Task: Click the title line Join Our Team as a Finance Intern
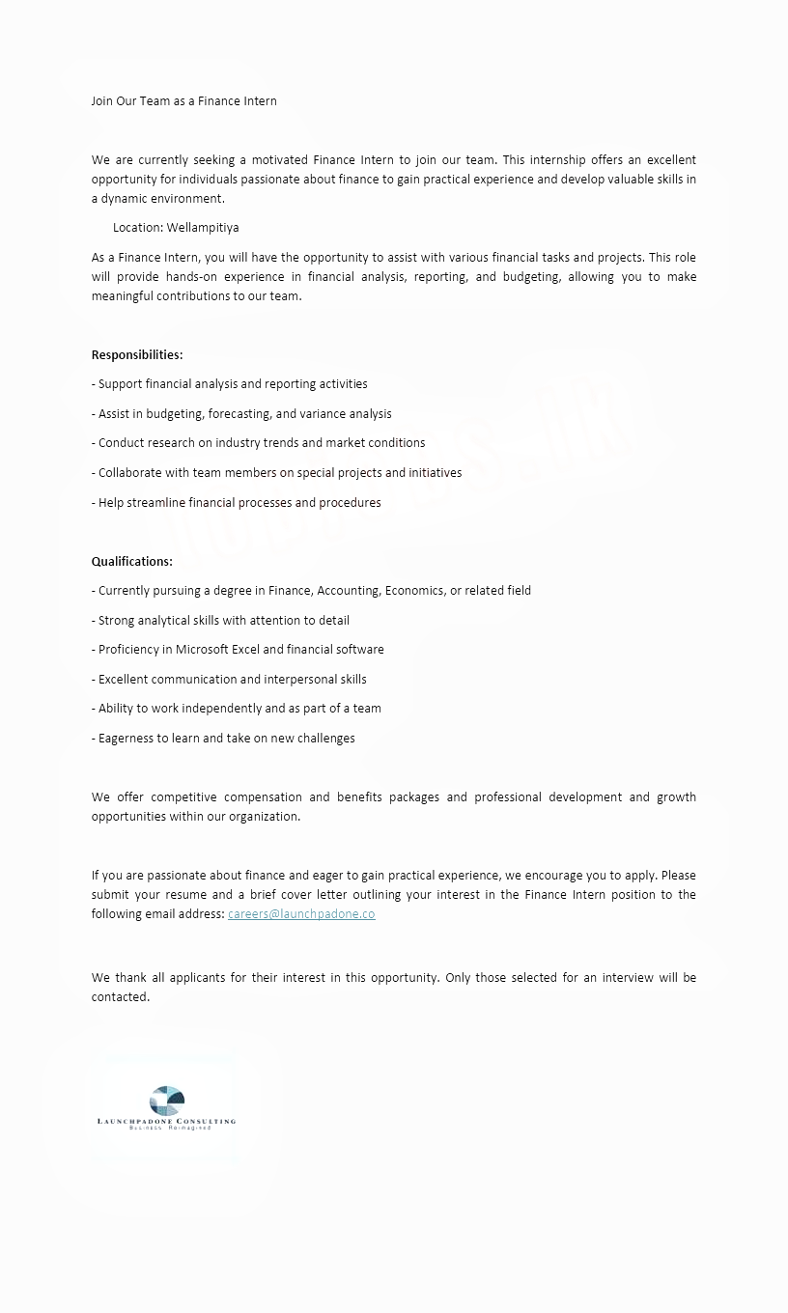(183, 100)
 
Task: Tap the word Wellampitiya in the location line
(203, 228)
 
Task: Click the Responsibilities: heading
(137, 354)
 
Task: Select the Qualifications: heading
(132, 561)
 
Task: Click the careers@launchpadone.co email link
(301, 914)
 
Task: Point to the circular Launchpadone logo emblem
(167, 1101)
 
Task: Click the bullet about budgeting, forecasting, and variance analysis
(241, 413)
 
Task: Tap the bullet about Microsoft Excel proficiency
(238, 649)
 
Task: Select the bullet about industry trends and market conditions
(258, 442)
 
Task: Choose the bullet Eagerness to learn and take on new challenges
(223, 738)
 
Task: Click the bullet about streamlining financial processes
(237, 502)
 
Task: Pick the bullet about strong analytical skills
(220, 620)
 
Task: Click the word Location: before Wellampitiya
(138, 228)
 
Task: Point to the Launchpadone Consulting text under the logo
(167, 1121)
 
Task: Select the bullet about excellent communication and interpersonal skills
(229, 679)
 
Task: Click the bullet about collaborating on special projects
(276, 472)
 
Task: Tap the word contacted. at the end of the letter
(121, 996)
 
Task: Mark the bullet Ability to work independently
(237, 708)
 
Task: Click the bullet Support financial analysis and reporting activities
(230, 383)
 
